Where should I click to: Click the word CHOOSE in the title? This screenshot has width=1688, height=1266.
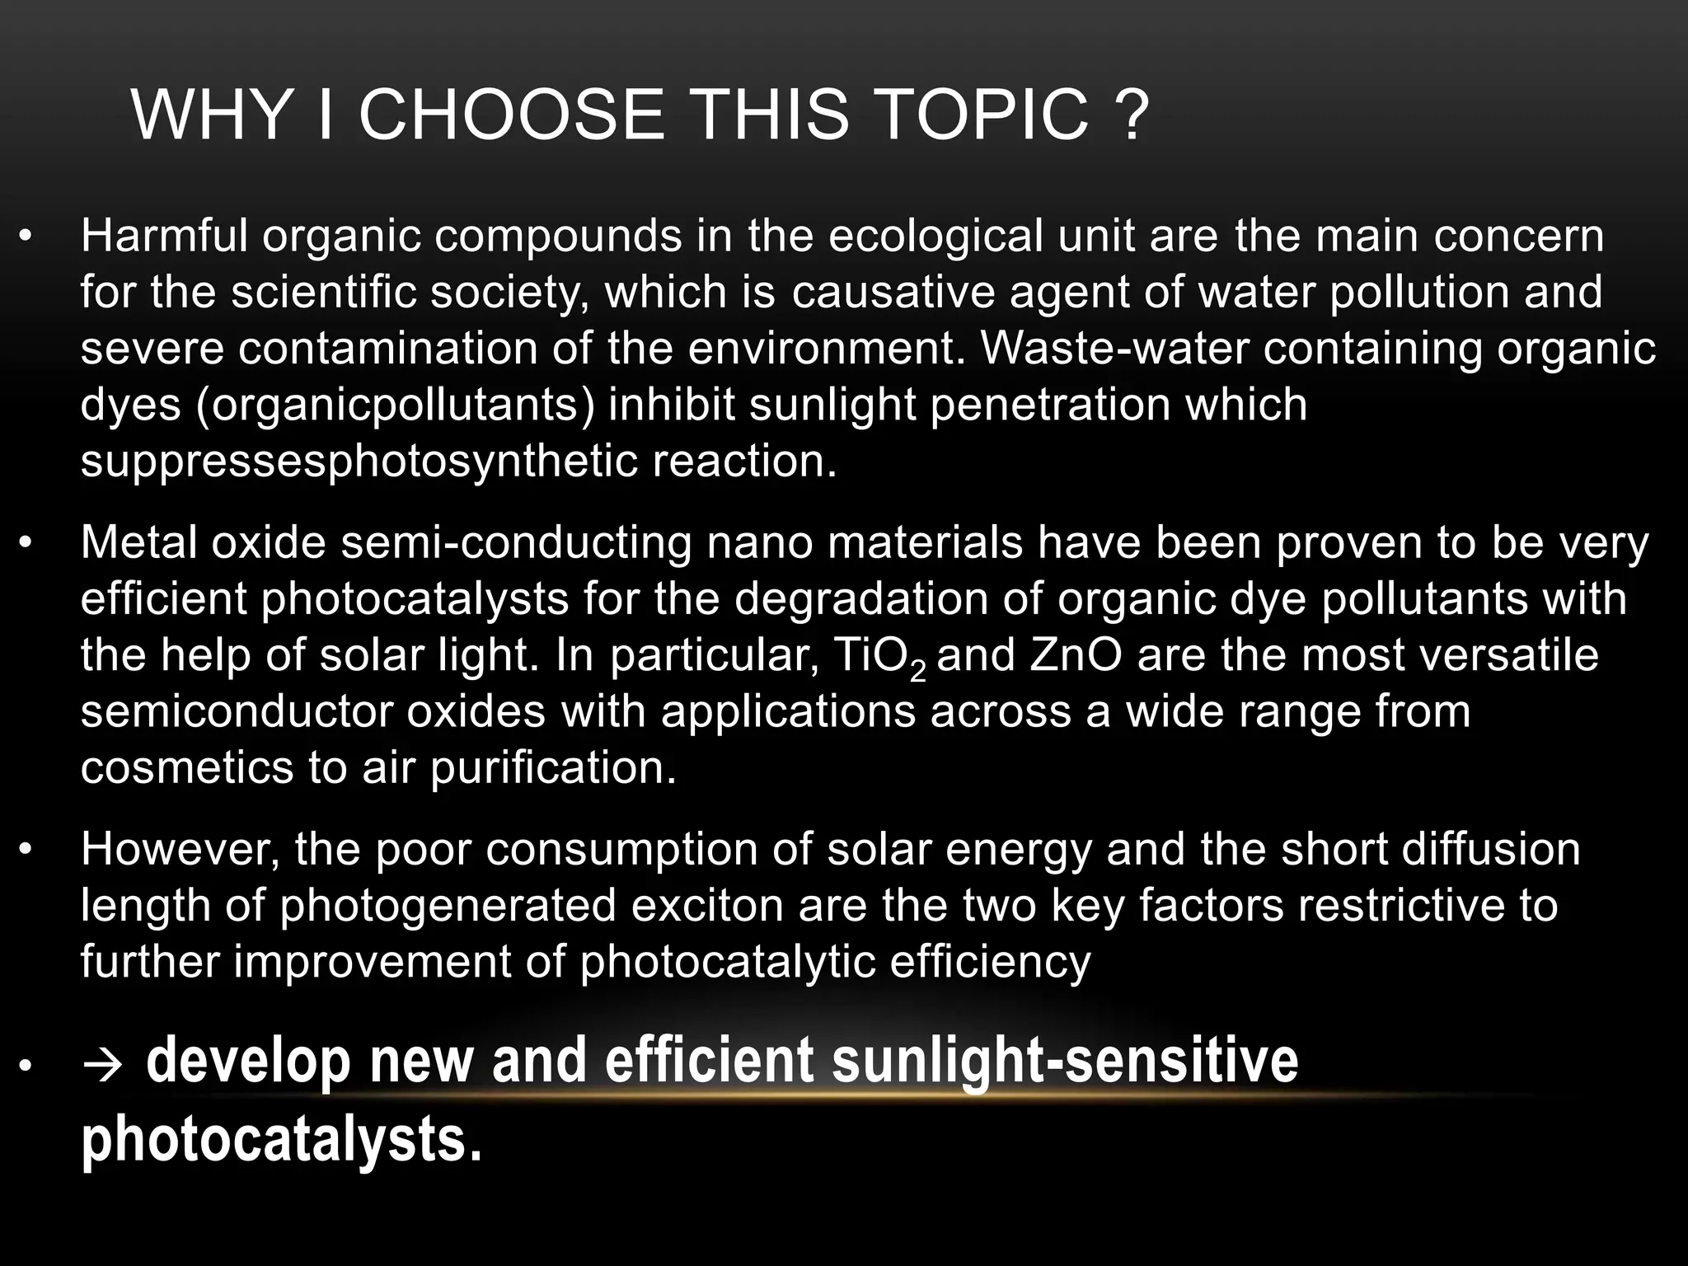point(511,116)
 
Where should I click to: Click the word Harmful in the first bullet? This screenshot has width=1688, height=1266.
point(164,236)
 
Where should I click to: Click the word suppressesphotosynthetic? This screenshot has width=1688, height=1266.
point(359,461)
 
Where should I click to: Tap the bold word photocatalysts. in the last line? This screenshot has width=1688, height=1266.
point(281,1140)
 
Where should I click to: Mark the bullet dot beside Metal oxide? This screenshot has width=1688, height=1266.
point(26,544)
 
